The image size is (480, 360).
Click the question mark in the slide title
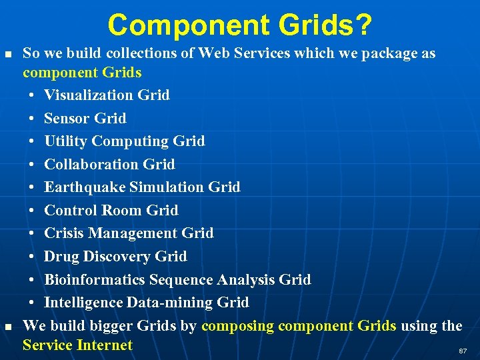tap(363, 25)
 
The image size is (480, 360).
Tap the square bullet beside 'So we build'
tap(7, 53)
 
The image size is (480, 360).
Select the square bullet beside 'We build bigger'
tap(7, 326)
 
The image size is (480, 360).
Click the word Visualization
tap(89, 95)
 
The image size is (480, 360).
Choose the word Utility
tap(66, 141)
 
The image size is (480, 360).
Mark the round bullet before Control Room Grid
tap(32, 211)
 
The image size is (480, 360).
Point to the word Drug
tap(61, 257)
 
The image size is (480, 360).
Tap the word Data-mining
tap(173, 303)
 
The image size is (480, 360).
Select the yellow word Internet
tap(105, 345)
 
